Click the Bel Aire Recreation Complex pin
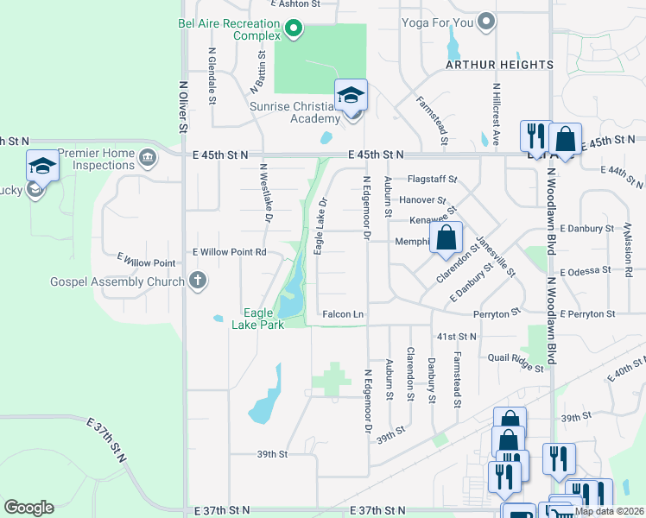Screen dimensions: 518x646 (x=293, y=29)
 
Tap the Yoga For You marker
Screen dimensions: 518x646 (x=487, y=21)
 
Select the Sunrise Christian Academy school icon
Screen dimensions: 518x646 (x=351, y=97)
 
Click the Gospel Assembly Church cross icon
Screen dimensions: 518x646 (x=198, y=281)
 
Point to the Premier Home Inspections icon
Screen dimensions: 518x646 (x=147, y=158)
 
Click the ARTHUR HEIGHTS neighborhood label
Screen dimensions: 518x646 (x=499, y=65)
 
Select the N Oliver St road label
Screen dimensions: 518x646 (x=183, y=107)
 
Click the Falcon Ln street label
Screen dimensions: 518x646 (x=343, y=314)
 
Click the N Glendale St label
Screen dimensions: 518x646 (x=212, y=75)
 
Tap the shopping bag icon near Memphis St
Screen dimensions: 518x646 (x=446, y=237)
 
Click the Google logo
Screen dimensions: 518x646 (x=28, y=508)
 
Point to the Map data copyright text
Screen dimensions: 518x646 (x=610, y=511)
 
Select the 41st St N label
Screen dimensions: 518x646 (x=457, y=336)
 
